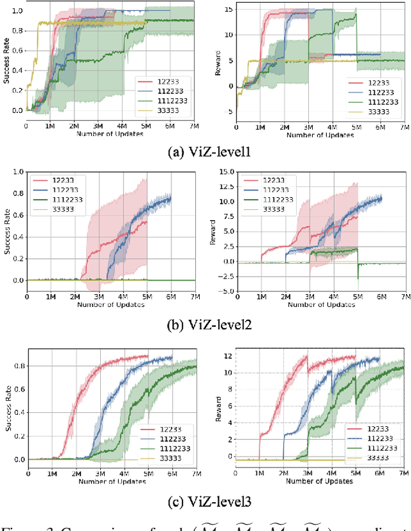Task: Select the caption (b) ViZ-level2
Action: [205, 324]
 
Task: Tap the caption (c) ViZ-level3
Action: [205, 501]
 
